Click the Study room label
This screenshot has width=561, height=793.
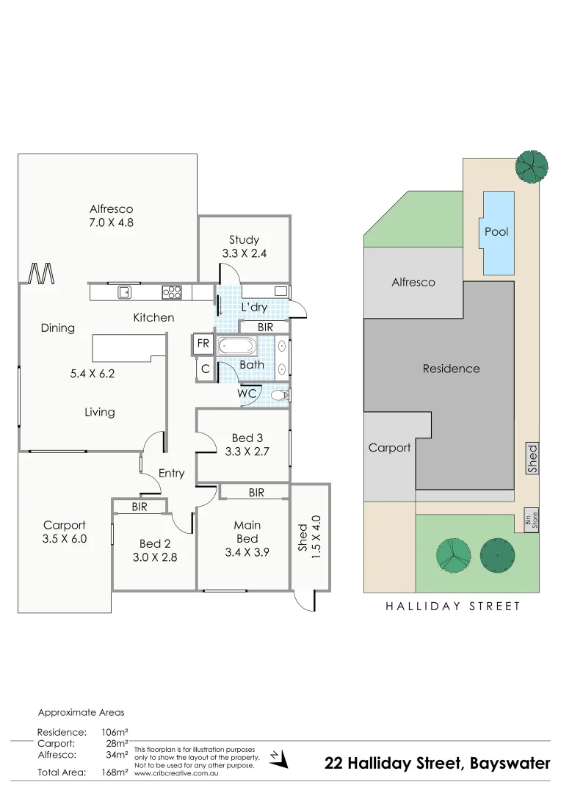tap(244, 239)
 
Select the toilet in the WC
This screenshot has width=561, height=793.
tap(280, 395)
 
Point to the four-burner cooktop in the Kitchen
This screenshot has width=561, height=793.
tap(172, 292)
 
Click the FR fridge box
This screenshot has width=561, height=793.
tap(203, 343)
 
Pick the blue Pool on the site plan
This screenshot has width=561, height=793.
tap(496, 231)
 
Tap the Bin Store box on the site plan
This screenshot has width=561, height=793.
tap(530, 520)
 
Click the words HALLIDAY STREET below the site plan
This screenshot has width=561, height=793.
tap(452, 606)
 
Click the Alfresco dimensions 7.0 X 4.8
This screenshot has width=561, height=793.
tap(111, 222)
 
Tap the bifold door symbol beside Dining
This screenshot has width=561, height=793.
tap(41, 274)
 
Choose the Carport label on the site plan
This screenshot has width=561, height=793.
tap(389, 447)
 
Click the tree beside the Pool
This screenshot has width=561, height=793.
tap(531, 165)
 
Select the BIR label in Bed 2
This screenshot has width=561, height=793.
tap(140, 507)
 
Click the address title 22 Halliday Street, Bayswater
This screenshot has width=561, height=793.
tap(437, 764)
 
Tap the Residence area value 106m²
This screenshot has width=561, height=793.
tap(115, 732)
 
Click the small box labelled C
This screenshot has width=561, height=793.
tap(206, 370)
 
